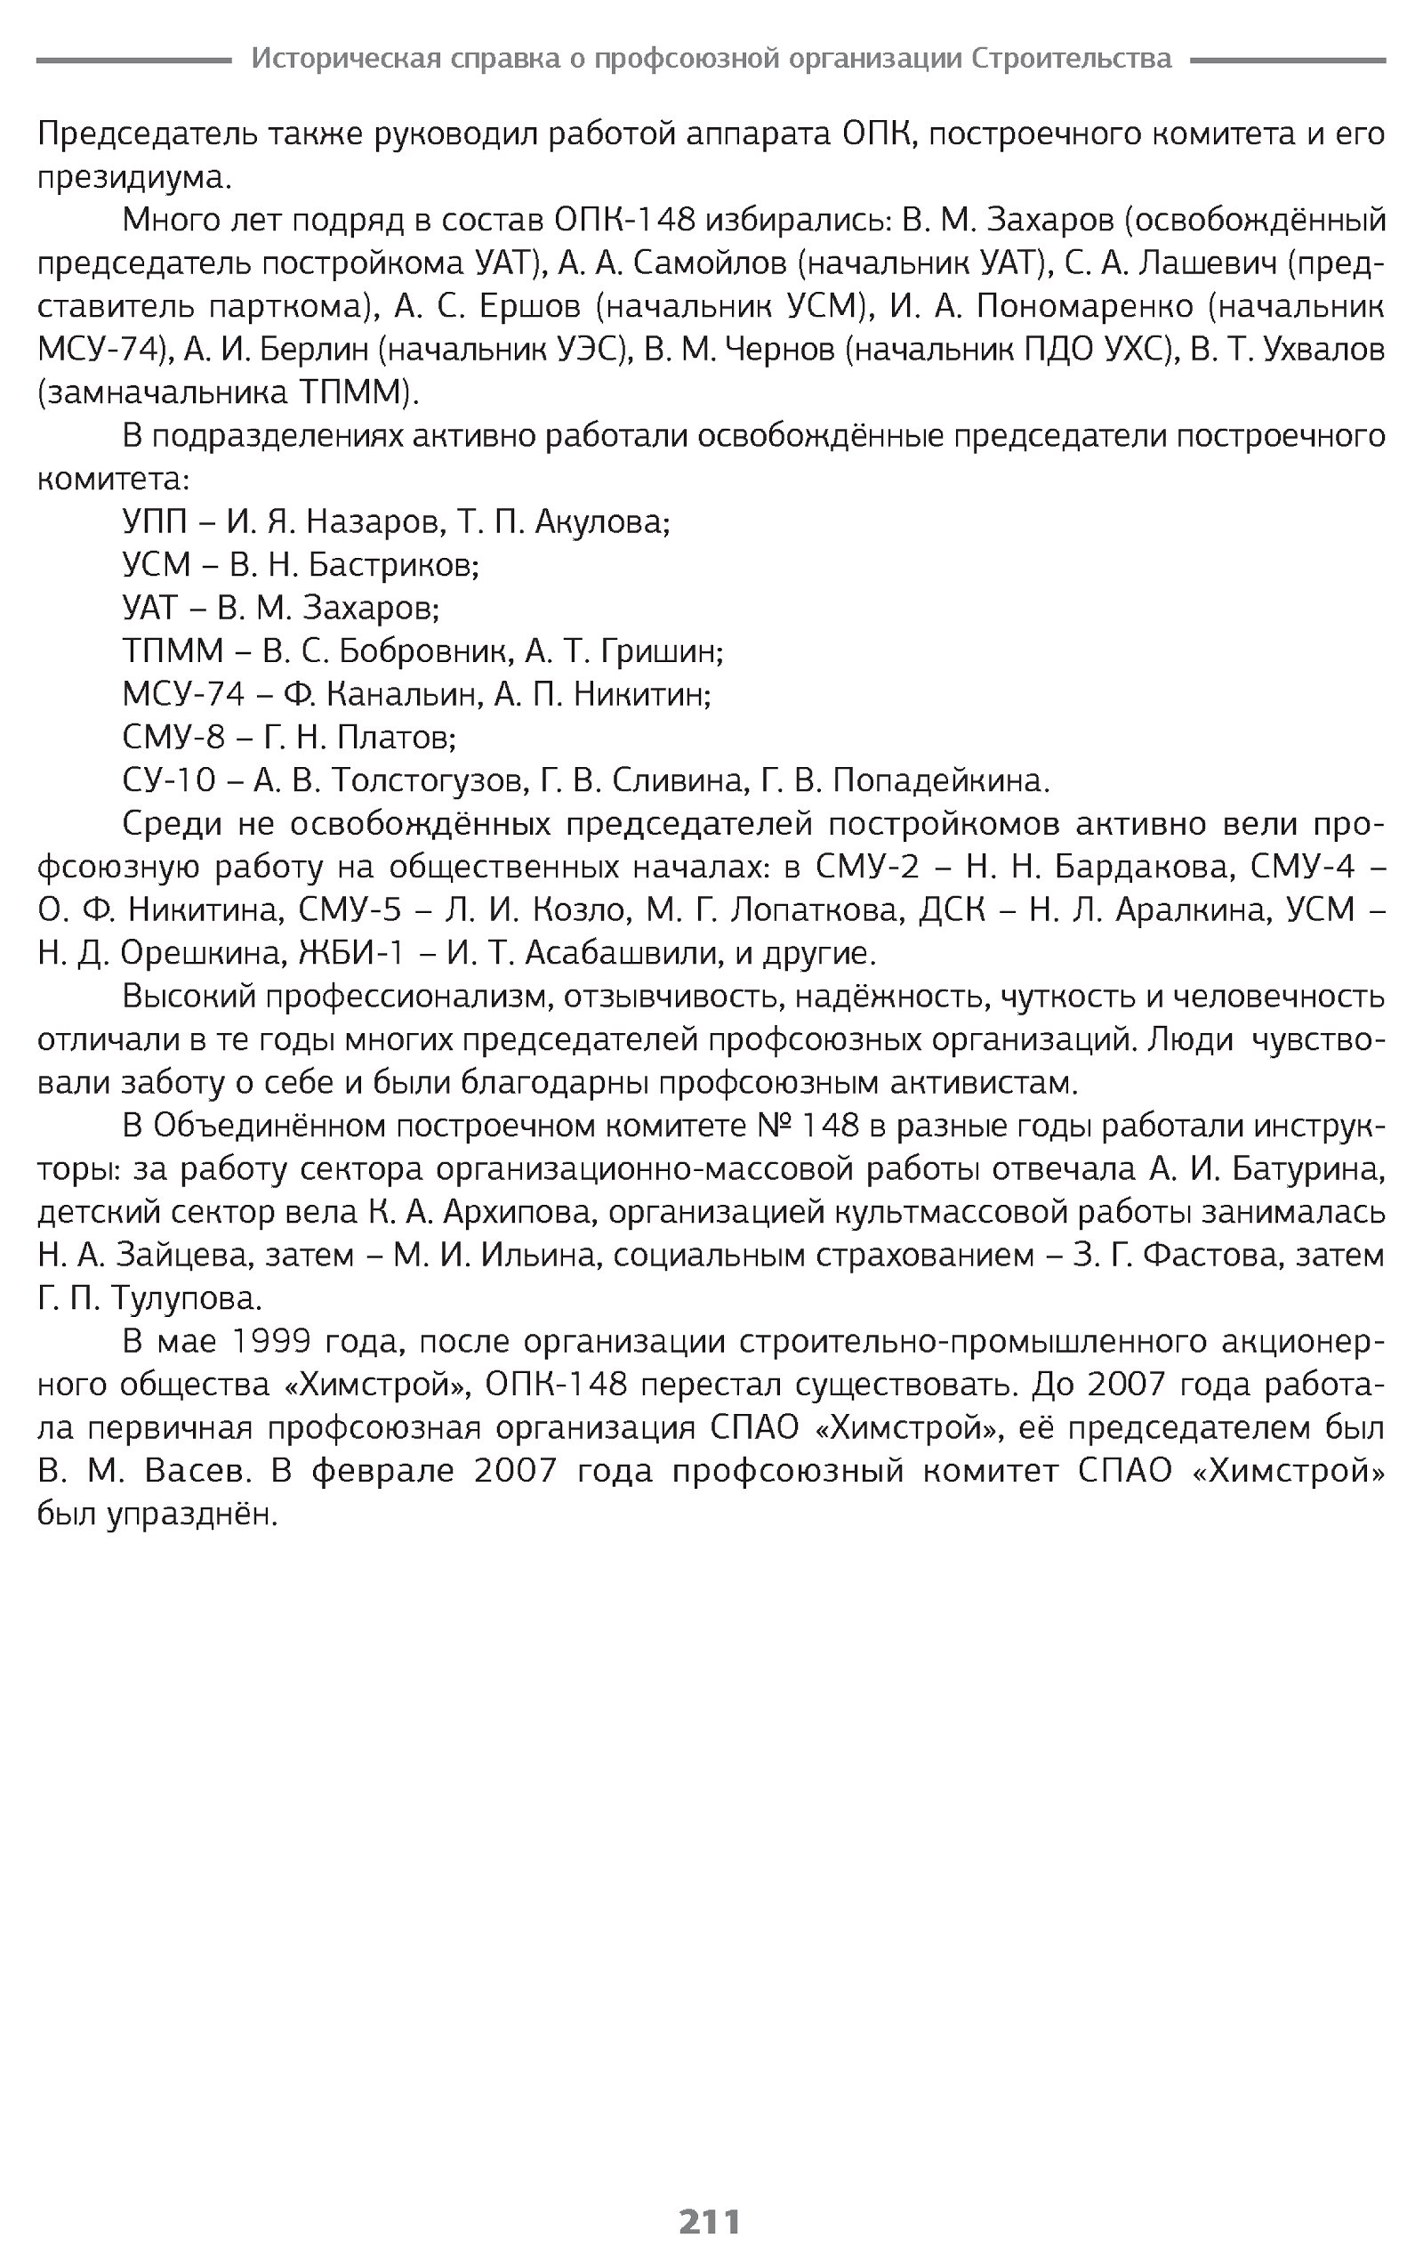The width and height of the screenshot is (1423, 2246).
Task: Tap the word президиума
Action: tap(130, 177)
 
